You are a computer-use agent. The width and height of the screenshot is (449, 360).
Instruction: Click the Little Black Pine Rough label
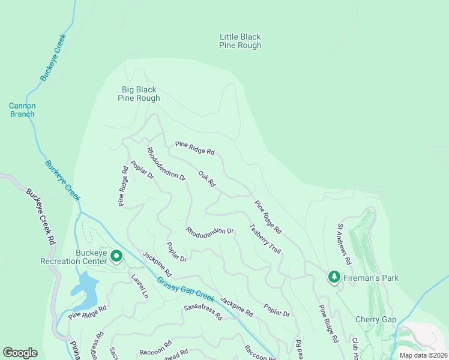point(240,41)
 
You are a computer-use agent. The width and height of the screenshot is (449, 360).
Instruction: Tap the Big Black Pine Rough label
point(139,94)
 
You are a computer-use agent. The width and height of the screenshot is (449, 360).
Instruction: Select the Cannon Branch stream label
point(22,110)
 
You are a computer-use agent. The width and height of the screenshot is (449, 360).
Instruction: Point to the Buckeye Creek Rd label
point(40,216)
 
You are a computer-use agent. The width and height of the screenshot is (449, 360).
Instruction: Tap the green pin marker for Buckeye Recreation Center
point(116,257)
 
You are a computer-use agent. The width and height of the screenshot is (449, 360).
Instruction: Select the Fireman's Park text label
point(371,278)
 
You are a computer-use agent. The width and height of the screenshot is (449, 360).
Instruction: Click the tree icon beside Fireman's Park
point(334,277)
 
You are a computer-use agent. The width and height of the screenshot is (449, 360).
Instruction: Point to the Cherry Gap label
point(376,319)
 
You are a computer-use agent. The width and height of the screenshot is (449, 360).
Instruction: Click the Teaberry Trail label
point(265,239)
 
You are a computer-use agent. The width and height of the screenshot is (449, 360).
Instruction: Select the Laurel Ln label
point(139,286)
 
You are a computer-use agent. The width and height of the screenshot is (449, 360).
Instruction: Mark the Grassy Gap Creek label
point(185,289)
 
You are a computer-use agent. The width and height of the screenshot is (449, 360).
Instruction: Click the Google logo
point(20,353)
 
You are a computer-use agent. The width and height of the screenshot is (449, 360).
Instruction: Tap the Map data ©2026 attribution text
point(423,355)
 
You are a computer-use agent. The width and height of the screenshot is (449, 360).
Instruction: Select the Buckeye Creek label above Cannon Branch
point(53,58)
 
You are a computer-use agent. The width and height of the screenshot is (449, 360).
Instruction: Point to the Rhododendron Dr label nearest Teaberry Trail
point(209,231)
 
